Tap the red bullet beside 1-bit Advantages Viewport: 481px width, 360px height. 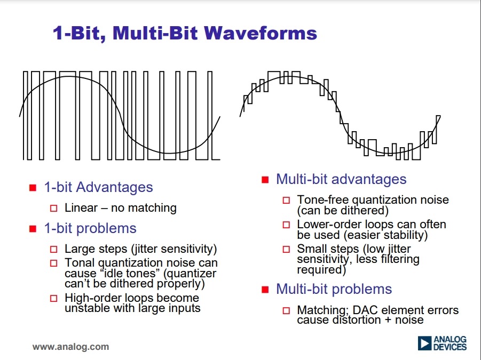tap(33, 188)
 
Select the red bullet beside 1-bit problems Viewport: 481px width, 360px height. tap(33, 229)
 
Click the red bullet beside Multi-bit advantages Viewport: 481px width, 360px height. tap(265, 180)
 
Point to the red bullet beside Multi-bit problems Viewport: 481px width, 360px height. tap(265, 290)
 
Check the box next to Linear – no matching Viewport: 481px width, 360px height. tap(54, 209)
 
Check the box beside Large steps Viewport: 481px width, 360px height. tap(54, 249)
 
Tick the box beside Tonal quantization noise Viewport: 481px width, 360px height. tap(54, 263)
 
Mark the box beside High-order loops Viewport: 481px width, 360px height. tap(54, 298)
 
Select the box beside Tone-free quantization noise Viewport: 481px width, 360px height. tap(286, 201)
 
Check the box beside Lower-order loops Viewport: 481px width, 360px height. tap(286, 225)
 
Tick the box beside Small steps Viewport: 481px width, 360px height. tap(286, 249)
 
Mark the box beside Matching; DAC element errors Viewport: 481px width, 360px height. tap(286, 311)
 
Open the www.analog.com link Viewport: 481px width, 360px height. tap(70, 347)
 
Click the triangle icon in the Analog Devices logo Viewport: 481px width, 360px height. tap(424, 343)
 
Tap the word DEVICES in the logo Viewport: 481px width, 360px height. tap(450, 347)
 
